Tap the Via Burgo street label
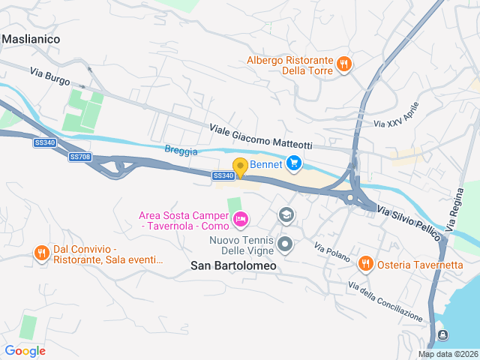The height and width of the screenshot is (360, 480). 50,76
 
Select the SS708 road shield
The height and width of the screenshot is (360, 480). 79,157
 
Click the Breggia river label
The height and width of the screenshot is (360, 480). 181,151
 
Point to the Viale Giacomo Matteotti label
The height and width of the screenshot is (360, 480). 260,136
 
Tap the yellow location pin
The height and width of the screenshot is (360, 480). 240,167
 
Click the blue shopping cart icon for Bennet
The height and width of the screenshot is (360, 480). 293,162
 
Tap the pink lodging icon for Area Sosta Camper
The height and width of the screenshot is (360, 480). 241,220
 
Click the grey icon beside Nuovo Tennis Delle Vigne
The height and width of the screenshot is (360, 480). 285,244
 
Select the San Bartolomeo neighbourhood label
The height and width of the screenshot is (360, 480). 233,265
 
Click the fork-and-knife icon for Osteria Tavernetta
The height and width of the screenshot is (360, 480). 365,263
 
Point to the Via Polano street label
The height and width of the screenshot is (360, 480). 332,253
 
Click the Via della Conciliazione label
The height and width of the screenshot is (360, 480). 385,300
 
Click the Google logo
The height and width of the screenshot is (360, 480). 25,350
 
